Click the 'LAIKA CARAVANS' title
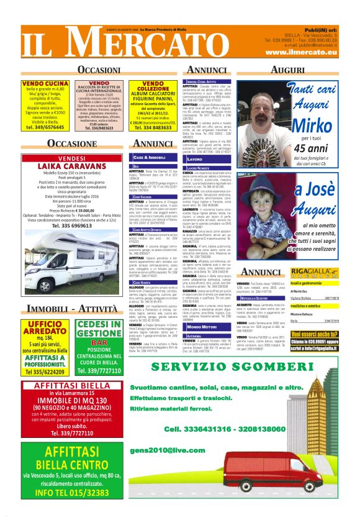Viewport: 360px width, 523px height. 65,167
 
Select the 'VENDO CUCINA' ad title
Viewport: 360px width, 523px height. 45,83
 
